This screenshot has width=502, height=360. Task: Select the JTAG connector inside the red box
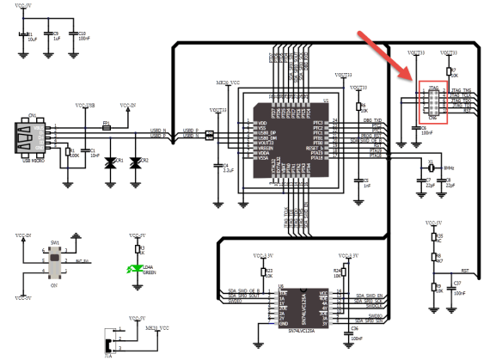tap(432, 102)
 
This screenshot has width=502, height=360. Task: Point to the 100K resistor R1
tap(69, 153)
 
